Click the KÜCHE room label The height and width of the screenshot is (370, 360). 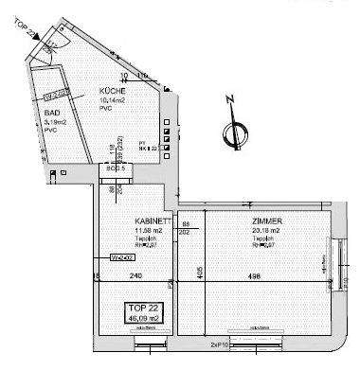113,92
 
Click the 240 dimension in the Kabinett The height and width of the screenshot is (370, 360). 135,276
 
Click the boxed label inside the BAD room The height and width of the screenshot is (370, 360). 54,95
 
